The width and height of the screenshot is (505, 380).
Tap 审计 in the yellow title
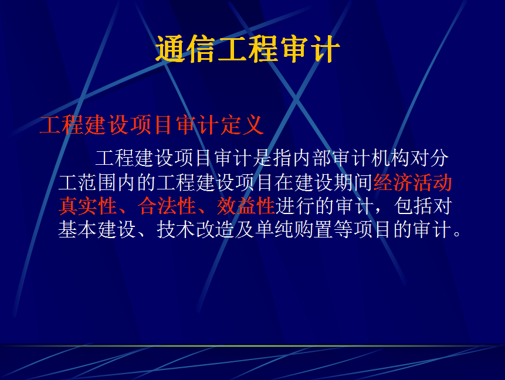coord(310,49)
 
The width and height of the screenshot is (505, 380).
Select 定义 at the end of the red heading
coord(242,125)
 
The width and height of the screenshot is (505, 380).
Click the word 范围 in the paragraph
coord(97,182)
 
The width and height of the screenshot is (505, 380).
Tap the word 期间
coord(353,182)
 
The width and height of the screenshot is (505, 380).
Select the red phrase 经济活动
coord(413,182)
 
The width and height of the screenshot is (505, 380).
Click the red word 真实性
coord(87,206)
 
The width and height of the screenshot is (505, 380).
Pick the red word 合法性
coord(167,206)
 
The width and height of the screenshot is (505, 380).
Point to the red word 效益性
coord(246,206)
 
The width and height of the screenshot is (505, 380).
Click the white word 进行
coord(295,206)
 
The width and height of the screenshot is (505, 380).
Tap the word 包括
coord(414,206)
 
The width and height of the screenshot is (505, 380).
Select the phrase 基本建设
coord(97,230)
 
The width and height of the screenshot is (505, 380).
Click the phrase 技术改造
coord(196,230)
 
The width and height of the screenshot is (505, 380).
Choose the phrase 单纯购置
coord(294,230)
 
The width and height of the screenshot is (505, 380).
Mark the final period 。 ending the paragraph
coord(457,233)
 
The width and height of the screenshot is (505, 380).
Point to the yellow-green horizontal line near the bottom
coord(252,346)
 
